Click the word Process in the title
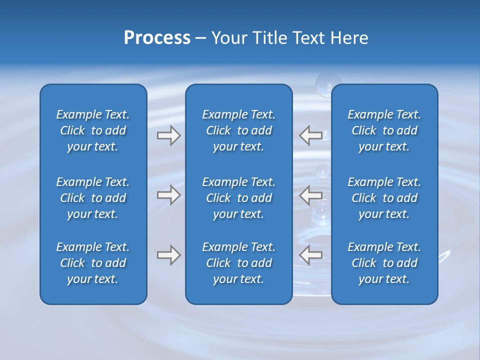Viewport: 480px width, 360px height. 157,38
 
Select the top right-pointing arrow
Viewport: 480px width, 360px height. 168,135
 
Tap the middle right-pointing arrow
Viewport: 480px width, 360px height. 168,195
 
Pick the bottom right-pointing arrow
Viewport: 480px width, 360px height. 168,255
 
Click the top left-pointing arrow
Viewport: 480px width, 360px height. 310,135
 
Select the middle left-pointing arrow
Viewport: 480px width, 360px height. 310,195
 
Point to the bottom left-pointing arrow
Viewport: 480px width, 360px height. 310,255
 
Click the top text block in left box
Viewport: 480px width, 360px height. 93,130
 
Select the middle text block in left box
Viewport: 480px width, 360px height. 93,198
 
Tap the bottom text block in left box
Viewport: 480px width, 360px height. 93,263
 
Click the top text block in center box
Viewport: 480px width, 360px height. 238,130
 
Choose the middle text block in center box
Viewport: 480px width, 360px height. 238,198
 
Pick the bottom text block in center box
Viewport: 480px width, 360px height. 238,263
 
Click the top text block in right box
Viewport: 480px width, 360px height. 384,130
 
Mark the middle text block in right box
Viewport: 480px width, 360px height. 384,198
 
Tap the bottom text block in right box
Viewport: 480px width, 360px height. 384,263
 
